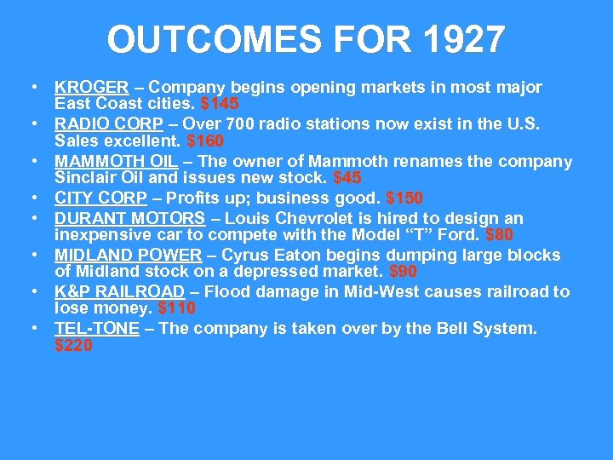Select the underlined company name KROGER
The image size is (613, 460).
click(x=91, y=87)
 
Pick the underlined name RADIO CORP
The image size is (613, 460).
click(x=101, y=124)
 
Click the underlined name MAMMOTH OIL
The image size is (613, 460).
click(x=116, y=161)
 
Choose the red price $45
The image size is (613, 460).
click(x=347, y=178)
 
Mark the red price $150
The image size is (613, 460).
click(x=404, y=198)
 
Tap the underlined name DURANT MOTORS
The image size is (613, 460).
click(x=129, y=218)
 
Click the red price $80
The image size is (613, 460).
click(x=499, y=235)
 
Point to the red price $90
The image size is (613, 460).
click(x=403, y=272)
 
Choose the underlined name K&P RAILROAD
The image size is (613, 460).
click(x=119, y=291)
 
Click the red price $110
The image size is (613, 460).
click(x=177, y=308)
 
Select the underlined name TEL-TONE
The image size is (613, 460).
click(x=97, y=328)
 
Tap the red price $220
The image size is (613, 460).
click(x=73, y=345)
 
